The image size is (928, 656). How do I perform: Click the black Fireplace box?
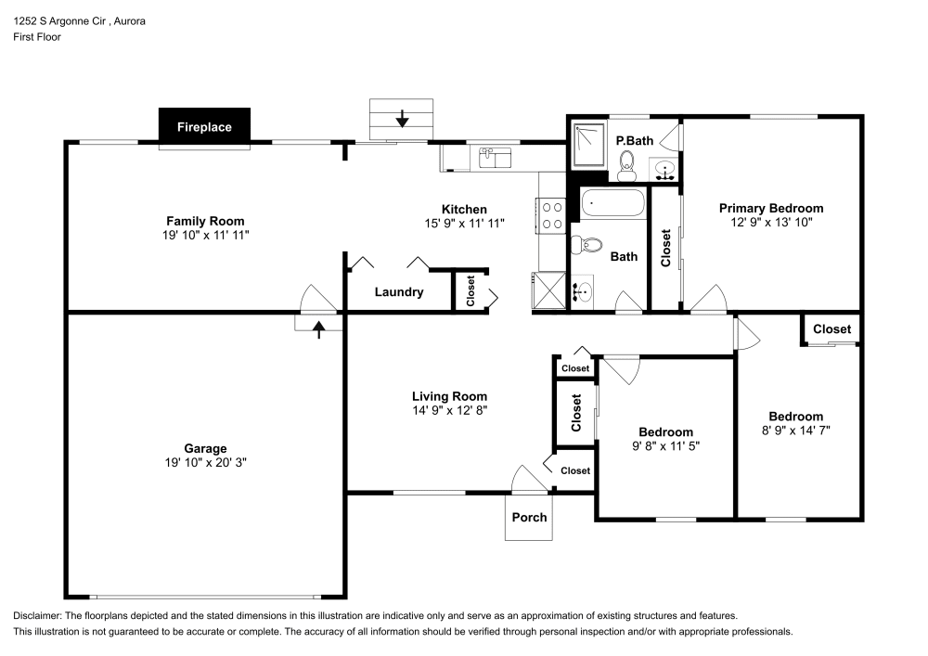click(204, 127)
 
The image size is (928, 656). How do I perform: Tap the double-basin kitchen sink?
click(496, 158)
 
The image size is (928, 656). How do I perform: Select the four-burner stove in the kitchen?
click(552, 216)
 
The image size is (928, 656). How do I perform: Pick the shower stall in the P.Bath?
click(587, 144)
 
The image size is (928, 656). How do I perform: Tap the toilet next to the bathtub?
click(585, 245)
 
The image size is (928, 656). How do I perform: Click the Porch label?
click(530, 517)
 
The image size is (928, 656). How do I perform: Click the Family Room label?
click(205, 221)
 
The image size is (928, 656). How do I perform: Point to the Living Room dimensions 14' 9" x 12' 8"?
click(450, 410)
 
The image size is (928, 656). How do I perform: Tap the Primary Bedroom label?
click(770, 208)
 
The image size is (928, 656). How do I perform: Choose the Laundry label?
click(399, 292)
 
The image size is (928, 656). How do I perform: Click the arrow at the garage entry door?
click(318, 328)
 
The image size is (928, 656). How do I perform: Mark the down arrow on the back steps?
click(402, 119)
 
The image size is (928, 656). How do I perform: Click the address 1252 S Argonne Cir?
click(66, 19)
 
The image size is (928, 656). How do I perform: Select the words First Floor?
click(37, 37)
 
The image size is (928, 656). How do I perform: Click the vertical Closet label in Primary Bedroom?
click(665, 249)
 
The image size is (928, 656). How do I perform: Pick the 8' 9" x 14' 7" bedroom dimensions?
click(795, 431)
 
